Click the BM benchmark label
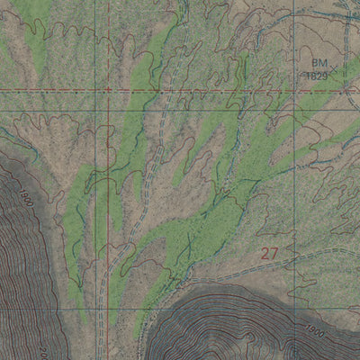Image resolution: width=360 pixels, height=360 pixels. click(x=318, y=64)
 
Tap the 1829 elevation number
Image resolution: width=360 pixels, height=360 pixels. click(x=315, y=76)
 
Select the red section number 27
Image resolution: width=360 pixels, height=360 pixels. click(x=269, y=254)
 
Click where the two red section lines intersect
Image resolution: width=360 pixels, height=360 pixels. click(x=106, y=91)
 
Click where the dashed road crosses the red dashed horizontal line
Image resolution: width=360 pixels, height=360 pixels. click(x=162, y=91)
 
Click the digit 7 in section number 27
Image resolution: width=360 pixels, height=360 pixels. click(x=274, y=254)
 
